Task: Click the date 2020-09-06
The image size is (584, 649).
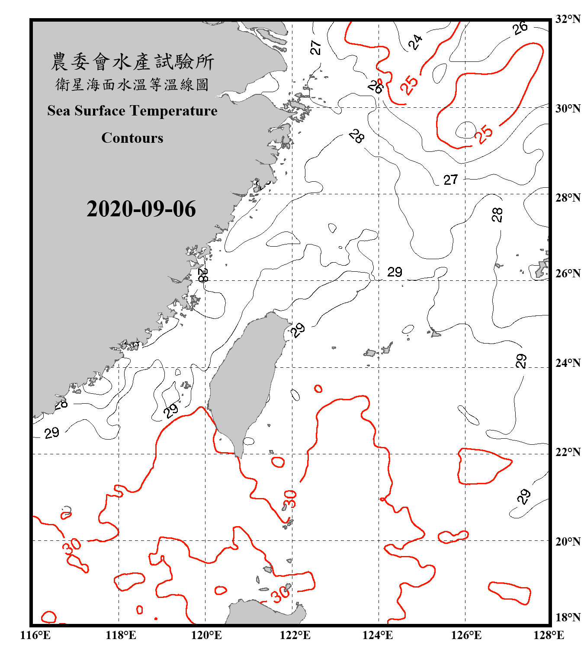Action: (x=141, y=209)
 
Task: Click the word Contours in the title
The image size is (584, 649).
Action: (x=132, y=138)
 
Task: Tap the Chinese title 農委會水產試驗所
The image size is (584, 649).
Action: (x=132, y=61)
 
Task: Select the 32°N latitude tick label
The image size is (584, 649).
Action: (x=568, y=19)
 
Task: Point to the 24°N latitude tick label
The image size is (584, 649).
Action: (x=568, y=363)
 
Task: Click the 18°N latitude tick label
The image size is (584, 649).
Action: (x=568, y=617)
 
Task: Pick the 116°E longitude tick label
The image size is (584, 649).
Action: (x=35, y=635)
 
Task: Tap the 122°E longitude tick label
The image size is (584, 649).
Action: (x=295, y=635)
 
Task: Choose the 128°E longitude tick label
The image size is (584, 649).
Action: (x=549, y=635)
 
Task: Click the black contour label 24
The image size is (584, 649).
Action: (x=415, y=42)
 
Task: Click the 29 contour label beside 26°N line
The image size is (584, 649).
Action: (x=395, y=272)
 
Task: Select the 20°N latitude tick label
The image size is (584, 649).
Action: (x=568, y=541)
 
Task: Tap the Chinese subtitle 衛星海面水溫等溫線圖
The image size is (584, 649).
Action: (x=132, y=84)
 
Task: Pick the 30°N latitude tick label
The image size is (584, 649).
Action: (x=568, y=108)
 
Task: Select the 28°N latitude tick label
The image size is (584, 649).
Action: (x=568, y=197)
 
